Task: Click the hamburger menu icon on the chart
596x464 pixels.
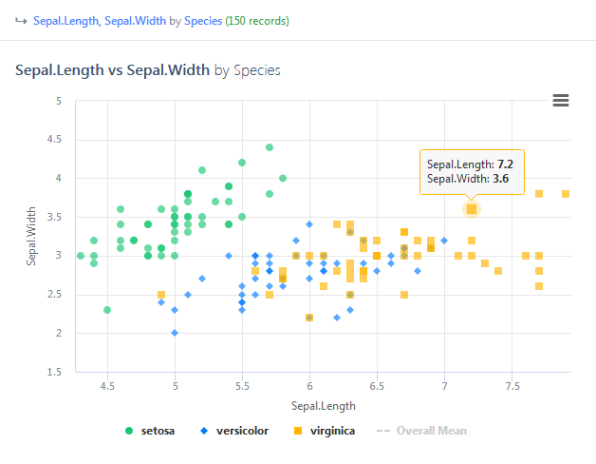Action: point(560,101)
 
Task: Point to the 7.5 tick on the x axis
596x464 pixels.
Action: point(512,387)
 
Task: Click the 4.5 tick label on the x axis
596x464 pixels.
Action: point(107,387)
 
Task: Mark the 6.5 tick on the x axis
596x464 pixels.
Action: point(377,387)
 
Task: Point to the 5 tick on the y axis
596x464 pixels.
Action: point(59,101)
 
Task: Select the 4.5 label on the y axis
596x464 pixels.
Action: point(55,140)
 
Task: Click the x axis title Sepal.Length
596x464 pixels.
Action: point(323,406)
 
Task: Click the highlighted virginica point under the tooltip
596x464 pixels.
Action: point(472,209)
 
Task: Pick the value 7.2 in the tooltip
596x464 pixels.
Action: point(505,164)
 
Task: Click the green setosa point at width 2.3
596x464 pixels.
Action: point(107,310)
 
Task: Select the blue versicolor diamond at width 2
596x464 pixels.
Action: point(175,333)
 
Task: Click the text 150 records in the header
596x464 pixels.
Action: point(257,20)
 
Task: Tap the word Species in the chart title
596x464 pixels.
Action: point(256,70)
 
